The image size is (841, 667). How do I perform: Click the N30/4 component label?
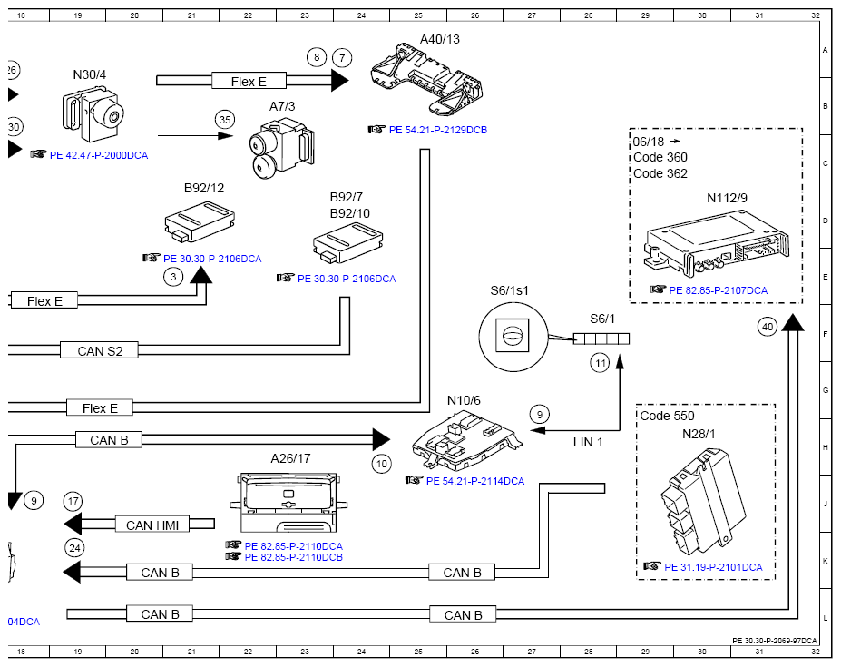(x=90, y=74)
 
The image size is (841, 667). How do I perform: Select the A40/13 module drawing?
(x=427, y=80)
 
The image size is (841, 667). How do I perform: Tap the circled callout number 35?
(x=225, y=119)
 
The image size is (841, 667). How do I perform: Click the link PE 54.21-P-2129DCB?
(x=437, y=130)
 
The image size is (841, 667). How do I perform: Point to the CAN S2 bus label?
(x=100, y=351)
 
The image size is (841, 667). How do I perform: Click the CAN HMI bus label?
(x=152, y=525)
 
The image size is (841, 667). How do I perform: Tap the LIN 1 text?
(x=588, y=442)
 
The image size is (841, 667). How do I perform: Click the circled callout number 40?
(x=768, y=327)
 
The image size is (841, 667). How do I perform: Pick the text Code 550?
(x=667, y=416)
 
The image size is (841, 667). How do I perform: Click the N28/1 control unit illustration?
(x=703, y=503)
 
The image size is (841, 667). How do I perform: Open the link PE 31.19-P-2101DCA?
(x=713, y=567)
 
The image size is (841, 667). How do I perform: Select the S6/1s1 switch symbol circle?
(x=513, y=337)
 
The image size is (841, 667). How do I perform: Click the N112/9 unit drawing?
(x=716, y=244)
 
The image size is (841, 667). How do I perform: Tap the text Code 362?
(x=660, y=173)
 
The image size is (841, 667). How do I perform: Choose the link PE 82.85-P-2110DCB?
(x=293, y=557)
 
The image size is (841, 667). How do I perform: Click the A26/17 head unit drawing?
(x=288, y=502)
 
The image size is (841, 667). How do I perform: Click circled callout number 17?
(x=73, y=501)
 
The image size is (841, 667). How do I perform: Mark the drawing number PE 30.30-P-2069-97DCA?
(x=775, y=641)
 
